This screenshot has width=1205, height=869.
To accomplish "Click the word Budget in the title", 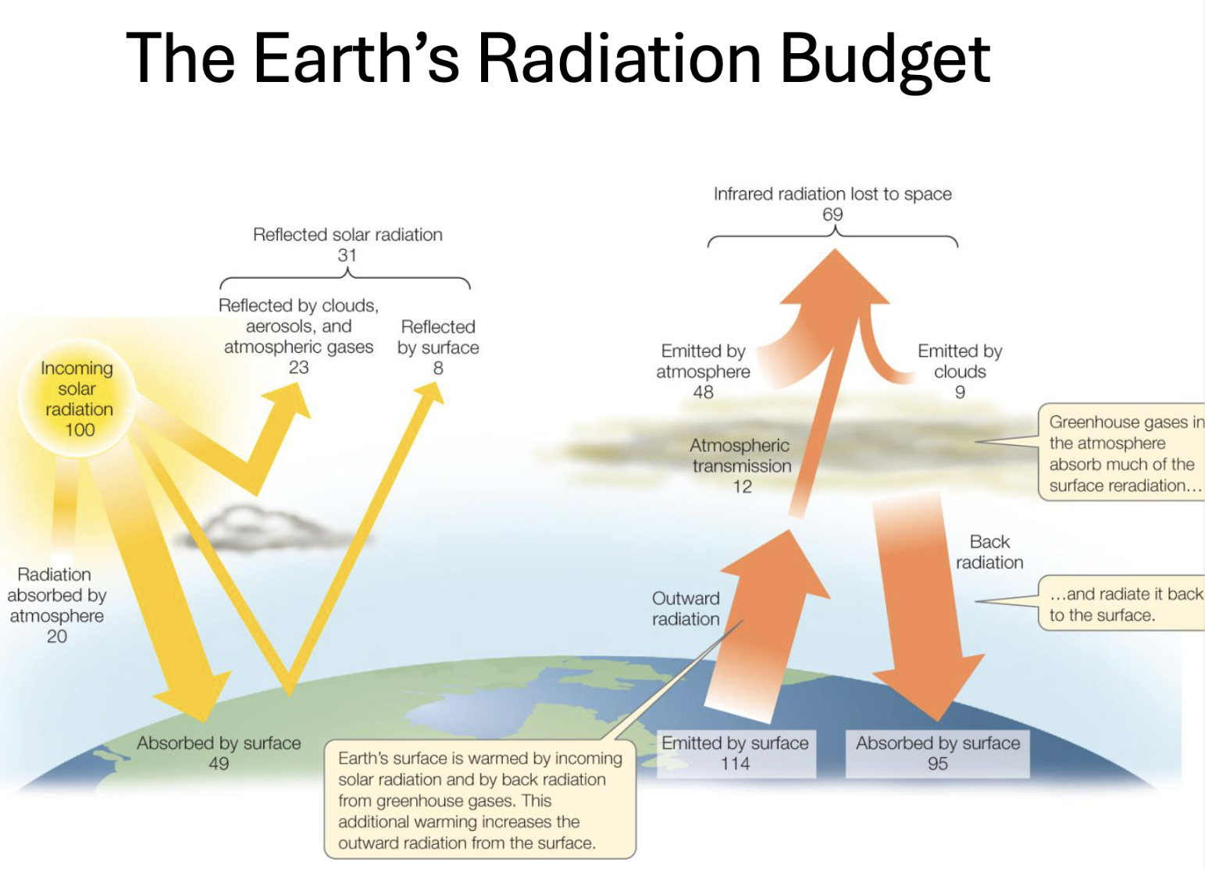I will pyautogui.click(x=885, y=60).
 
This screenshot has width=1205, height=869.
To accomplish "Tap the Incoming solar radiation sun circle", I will pyautogui.click(x=77, y=398).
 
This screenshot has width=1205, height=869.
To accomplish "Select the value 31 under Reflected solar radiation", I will pyautogui.click(x=347, y=255).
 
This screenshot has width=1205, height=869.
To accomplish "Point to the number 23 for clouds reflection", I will pyautogui.click(x=298, y=367).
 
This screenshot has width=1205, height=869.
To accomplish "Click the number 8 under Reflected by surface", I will pyautogui.click(x=438, y=368).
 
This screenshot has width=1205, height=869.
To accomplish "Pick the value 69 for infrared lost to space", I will pyautogui.click(x=832, y=214).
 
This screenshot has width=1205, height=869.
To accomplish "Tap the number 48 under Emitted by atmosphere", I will pyautogui.click(x=703, y=392).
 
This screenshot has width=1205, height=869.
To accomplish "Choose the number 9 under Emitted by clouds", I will pyautogui.click(x=960, y=392).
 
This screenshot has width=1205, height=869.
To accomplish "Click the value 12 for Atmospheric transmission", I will pyautogui.click(x=742, y=486).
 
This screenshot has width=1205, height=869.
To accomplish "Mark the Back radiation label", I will pyautogui.click(x=989, y=552).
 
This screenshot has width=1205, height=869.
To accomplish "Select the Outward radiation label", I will pyautogui.click(x=686, y=608).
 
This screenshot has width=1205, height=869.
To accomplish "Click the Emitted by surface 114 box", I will pyautogui.click(x=736, y=753).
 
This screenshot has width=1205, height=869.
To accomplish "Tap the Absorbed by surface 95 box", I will pyautogui.click(x=937, y=753).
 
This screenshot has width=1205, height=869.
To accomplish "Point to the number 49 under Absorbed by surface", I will pyautogui.click(x=219, y=764).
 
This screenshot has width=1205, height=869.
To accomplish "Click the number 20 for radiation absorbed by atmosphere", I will pyautogui.click(x=57, y=636).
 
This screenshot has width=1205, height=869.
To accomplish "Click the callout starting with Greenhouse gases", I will pyautogui.click(x=1121, y=454).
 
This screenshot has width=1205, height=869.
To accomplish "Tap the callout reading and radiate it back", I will pyautogui.click(x=1121, y=604).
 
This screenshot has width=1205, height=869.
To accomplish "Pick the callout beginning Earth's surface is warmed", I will pyautogui.click(x=480, y=800).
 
